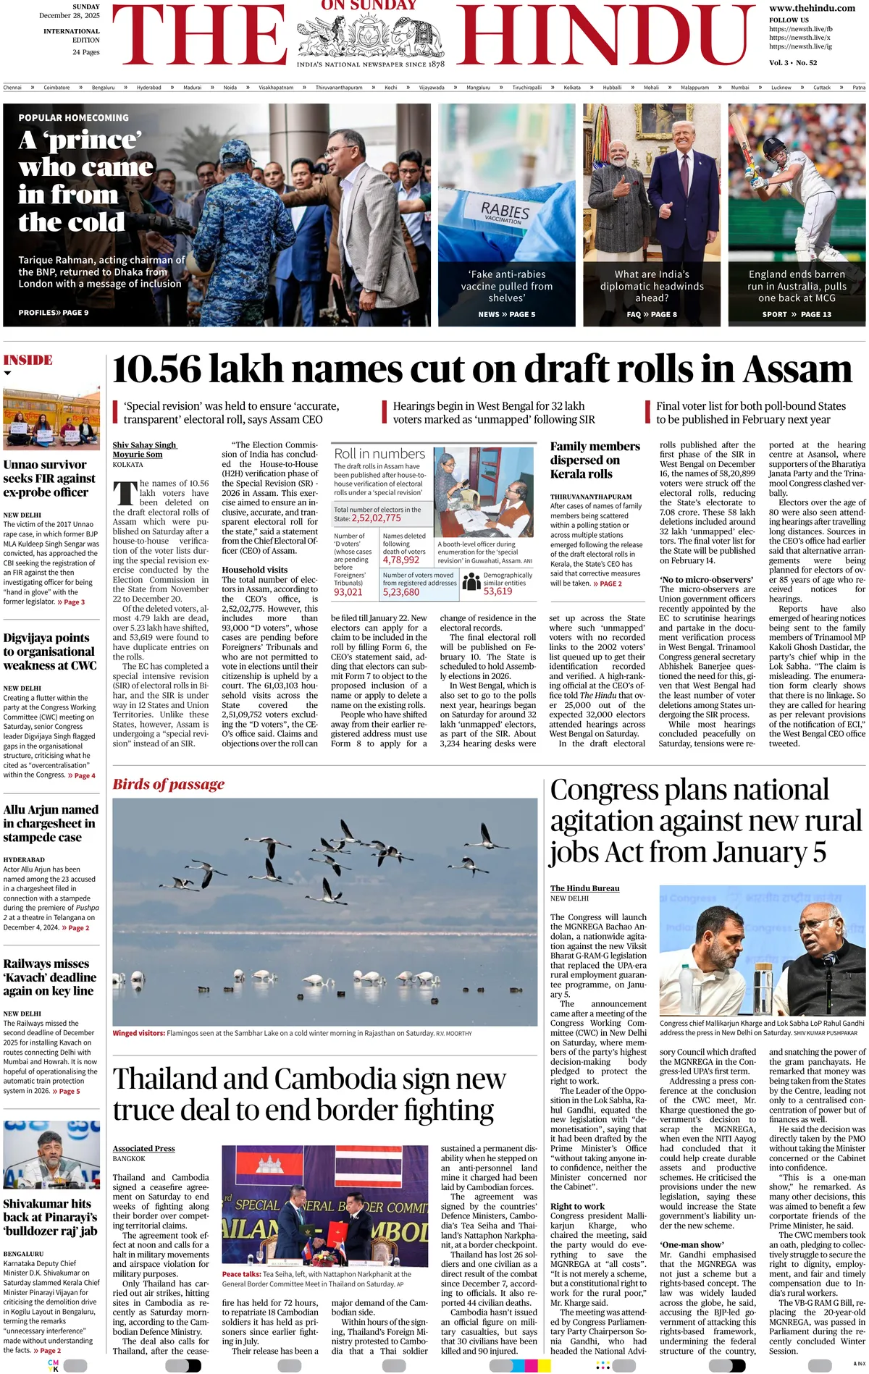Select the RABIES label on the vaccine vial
(505, 211)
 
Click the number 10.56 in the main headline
(156, 369)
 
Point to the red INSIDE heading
(28, 360)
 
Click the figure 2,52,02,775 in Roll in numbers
(376, 518)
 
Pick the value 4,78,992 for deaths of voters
(401, 560)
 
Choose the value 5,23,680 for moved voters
(401, 591)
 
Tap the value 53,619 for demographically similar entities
(498, 591)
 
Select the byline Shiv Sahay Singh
(144, 444)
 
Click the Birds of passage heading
(168, 784)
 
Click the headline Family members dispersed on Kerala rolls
(595, 460)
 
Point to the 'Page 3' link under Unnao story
(71, 602)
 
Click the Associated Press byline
(143, 1148)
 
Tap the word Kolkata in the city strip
(572, 88)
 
